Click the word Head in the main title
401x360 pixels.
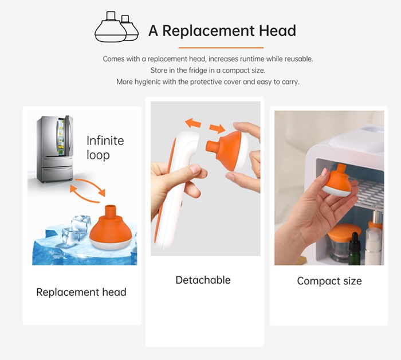pyautogui.click(x=277, y=31)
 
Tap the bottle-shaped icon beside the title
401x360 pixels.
pyautogui.click(x=117, y=26)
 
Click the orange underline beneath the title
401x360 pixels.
pyautogui.click(x=221, y=48)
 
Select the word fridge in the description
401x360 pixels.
pyautogui.click(x=198, y=70)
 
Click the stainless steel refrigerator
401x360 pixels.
pyautogui.click(x=55, y=149)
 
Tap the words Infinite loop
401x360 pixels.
pyautogui.click(x=105, y=148)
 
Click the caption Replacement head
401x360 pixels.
pyautogui.click(x=81, y=292)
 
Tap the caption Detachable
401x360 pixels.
pyautogui.click(x=203, y=280)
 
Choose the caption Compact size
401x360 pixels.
pyautogui.click(x=329, y=281)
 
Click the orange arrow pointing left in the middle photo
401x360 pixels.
pyautogui.click(x=193, y=123)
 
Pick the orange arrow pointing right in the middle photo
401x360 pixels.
pyautogui.click(x=217, y=128)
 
